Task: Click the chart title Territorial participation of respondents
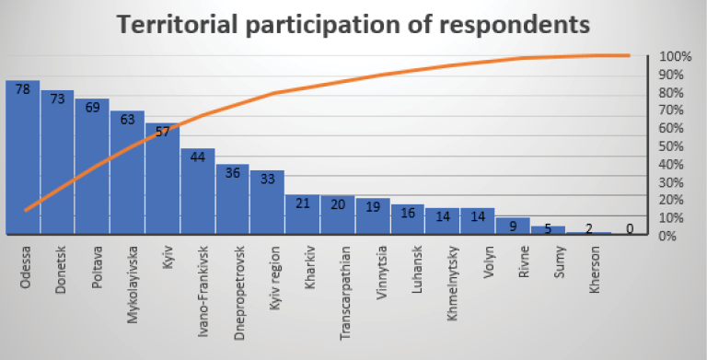(x=353, y=24)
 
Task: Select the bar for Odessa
(x=22, y=157)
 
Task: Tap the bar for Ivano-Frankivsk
(x=198, y=191)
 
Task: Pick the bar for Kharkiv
(x=303, y=214)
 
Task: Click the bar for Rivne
(x=513, y=226)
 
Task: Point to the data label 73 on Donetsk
(x=57, y=99)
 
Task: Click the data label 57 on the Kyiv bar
(x=162, y=132)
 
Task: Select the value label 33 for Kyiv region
(x=267, y=180)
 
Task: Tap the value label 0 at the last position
(x=630, y=228)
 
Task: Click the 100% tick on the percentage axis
(x=675, y=57)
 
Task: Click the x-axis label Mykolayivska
(x=133, y=285)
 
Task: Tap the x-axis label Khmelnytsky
(x=452, y=284)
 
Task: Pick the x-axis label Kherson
(x=595, y=270)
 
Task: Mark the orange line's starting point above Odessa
(x=25, y=210)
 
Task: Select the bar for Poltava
(x=92, y=166)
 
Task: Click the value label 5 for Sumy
(x=548, y=228)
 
